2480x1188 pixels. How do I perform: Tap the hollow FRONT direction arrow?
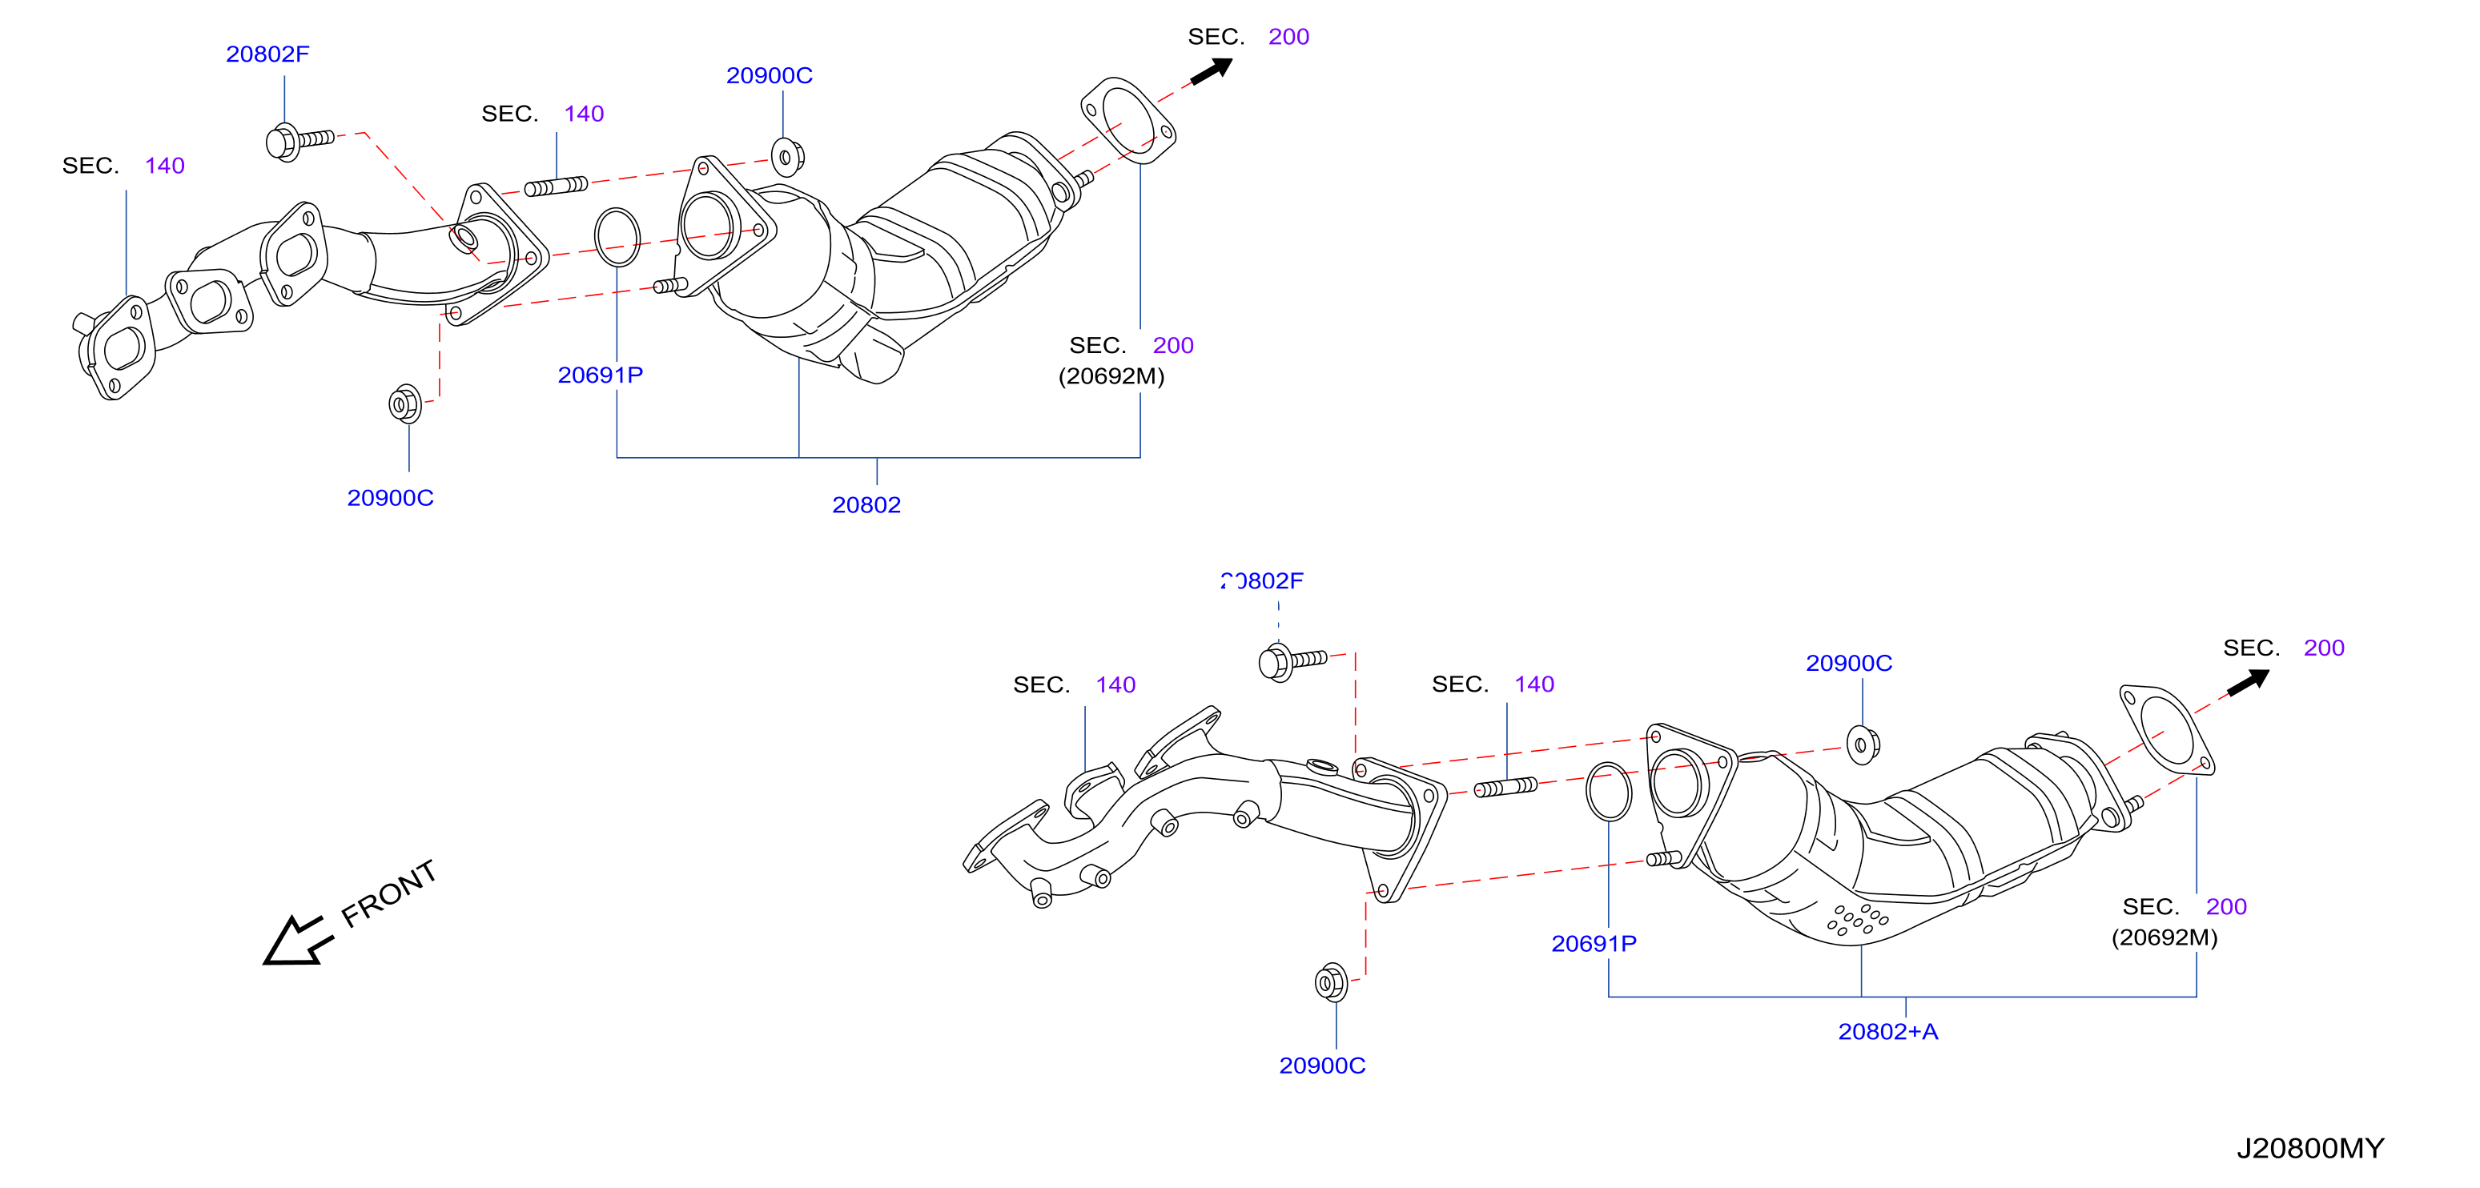pos(295,941)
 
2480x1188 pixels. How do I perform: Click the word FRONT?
pos(389,893)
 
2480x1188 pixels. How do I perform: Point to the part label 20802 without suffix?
pos(866,504)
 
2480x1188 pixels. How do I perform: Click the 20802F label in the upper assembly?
pos(267,54)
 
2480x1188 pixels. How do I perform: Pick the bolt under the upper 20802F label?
pos(299,142)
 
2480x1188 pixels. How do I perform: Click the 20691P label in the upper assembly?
pos(600,375)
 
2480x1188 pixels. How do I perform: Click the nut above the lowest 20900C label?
pos(1331,982)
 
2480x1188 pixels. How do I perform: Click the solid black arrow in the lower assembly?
pos(2248,681)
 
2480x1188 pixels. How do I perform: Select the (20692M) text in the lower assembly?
pos(2164,937)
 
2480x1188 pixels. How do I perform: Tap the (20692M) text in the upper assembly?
pos(1111,375)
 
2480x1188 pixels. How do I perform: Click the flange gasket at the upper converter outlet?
pos(1127,122)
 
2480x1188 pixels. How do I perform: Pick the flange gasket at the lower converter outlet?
pos(2166,731)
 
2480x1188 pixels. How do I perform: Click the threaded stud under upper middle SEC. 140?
pos(556,186)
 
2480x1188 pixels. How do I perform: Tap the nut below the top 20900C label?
pos(787,157)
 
